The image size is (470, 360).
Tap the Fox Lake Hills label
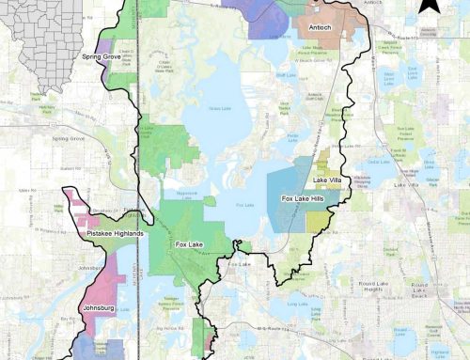[x=304, y=199]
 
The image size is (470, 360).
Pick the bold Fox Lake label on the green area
[x=190, y=244]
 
